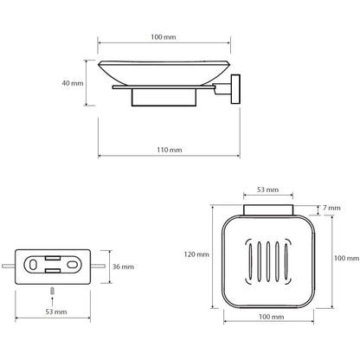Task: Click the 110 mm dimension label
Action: point(170,150)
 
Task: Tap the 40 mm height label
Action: point(73,83)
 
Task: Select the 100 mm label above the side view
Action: point(164,37)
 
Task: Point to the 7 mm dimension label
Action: point(331,208)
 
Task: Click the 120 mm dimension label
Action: point(196,254)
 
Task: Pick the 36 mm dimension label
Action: point(123,267)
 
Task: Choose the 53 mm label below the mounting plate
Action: point(56,312)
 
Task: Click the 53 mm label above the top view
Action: point(268,190)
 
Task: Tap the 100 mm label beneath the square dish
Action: point(272,317)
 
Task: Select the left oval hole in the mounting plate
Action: point(33,265)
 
